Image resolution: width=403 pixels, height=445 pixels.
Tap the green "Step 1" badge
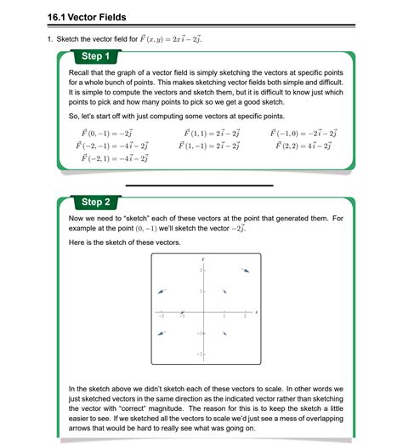point(95,56)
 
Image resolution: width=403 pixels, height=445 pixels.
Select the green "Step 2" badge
point(95,203)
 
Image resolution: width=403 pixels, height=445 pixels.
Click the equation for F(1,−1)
point(208,146)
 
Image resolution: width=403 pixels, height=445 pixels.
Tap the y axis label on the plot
point(203,258)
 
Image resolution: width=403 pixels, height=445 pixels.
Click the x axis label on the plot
point(257,311)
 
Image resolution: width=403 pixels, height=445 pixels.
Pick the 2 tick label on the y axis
point(200,271)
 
